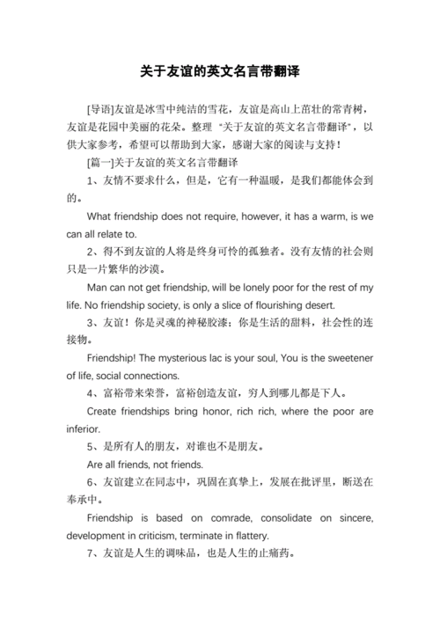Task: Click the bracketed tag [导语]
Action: click(x=100, y=109)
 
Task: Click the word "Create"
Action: click(x=106, y=411)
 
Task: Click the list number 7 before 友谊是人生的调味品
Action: click(x=91, y=554)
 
